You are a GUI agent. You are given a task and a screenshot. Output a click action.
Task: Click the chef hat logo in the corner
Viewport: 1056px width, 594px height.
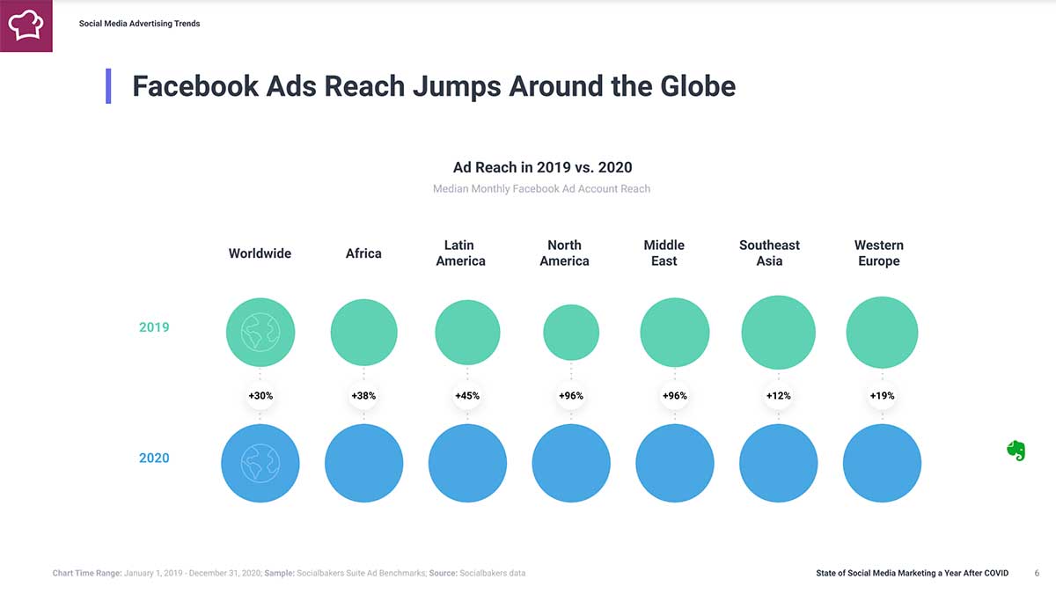click(26, 25)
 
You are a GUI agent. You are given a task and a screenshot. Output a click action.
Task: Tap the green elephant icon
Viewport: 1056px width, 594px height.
click(1016, 451)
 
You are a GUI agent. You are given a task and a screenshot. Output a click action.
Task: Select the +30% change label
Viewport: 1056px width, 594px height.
click(260, 396)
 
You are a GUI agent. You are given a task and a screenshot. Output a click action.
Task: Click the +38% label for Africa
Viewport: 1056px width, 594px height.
click(363, 396)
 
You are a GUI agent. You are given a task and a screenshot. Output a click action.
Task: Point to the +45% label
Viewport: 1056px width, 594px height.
click(467, 396)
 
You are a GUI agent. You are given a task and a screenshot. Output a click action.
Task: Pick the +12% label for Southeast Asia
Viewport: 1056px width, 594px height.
click(778, 396)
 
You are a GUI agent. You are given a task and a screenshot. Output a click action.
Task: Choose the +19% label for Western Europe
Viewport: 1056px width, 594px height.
click(882, 396)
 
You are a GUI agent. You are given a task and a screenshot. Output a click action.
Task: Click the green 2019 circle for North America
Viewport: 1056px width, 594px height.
click(571, 333)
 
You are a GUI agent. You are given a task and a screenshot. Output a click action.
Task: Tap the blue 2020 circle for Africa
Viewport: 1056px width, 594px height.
click(363, 463)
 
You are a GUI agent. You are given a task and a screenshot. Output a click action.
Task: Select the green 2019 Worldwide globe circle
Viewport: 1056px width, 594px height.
click(260, 332)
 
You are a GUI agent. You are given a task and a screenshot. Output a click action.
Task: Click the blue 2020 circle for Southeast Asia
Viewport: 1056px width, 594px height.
click(778, 463)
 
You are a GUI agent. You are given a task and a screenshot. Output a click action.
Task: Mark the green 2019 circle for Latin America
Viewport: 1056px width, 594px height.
click(467, 333)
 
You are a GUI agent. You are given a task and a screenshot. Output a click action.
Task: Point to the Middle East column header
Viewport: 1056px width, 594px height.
click(664, 253)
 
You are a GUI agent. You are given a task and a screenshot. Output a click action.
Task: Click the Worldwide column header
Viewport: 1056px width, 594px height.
click(260, 253)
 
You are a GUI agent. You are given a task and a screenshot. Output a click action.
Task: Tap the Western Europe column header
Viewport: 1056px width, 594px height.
click(879, 253)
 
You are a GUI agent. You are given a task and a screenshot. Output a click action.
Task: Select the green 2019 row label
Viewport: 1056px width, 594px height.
click(153, 327)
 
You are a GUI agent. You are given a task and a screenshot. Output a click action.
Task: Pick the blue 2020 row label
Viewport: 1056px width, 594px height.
click(153, 458)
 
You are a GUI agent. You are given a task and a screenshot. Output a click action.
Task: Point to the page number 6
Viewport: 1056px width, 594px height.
click(1037, 574)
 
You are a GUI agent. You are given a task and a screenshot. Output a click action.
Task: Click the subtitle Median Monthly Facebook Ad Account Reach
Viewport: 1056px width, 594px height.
click(541, 188)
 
